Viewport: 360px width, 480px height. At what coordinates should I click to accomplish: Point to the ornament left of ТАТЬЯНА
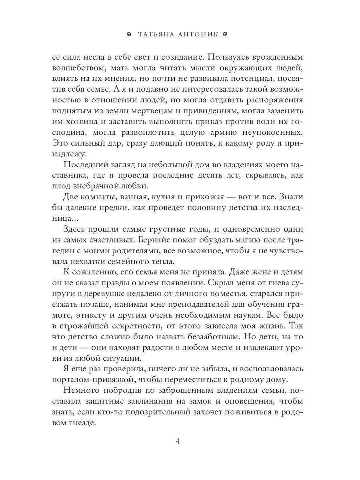click(129, 34)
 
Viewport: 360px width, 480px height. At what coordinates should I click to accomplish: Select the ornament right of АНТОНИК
click(225, 34)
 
